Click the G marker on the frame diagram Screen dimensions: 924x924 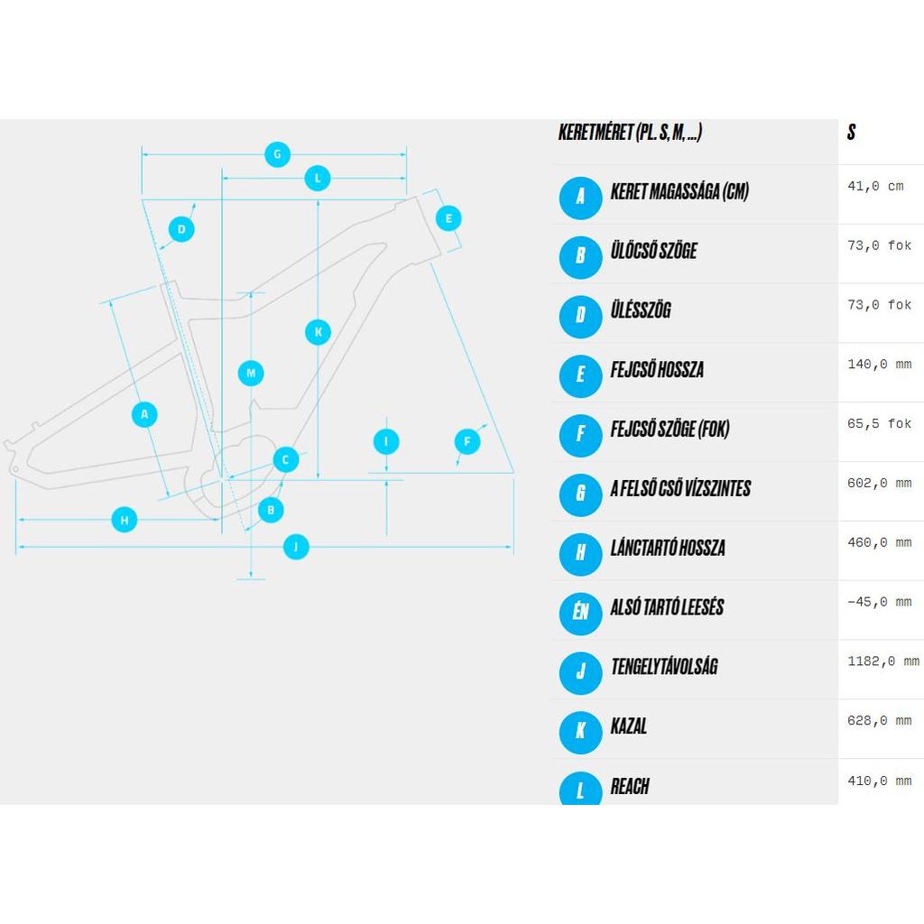coord(277,154)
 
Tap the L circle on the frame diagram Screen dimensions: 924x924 coord(318,178)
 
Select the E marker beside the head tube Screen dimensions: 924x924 coord(448,218)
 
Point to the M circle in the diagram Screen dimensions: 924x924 coord(251,373)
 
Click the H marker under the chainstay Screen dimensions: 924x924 coord(125,520)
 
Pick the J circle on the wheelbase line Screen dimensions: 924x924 coord(296,547)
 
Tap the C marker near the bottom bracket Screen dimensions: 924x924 coord(286,459)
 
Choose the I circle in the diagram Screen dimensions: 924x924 coord(386,441)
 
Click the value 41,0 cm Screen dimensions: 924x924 coord(875,186)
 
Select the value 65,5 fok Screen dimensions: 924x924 coord(879,424)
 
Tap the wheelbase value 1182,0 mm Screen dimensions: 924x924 coord(883,661)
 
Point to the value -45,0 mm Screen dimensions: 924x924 coord(879,602)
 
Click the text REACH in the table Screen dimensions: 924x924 coord(630,786)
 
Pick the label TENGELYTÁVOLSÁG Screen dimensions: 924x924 coord(665,667)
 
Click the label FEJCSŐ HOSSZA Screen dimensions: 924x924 coord(657,369)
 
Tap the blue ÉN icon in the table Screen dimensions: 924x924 coord(580,614)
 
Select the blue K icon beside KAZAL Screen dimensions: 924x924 coord(580,733)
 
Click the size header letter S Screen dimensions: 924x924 coord(851,132)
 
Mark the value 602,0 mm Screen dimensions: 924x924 coord(879,484)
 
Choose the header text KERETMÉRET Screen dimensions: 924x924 coord(596,132)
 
